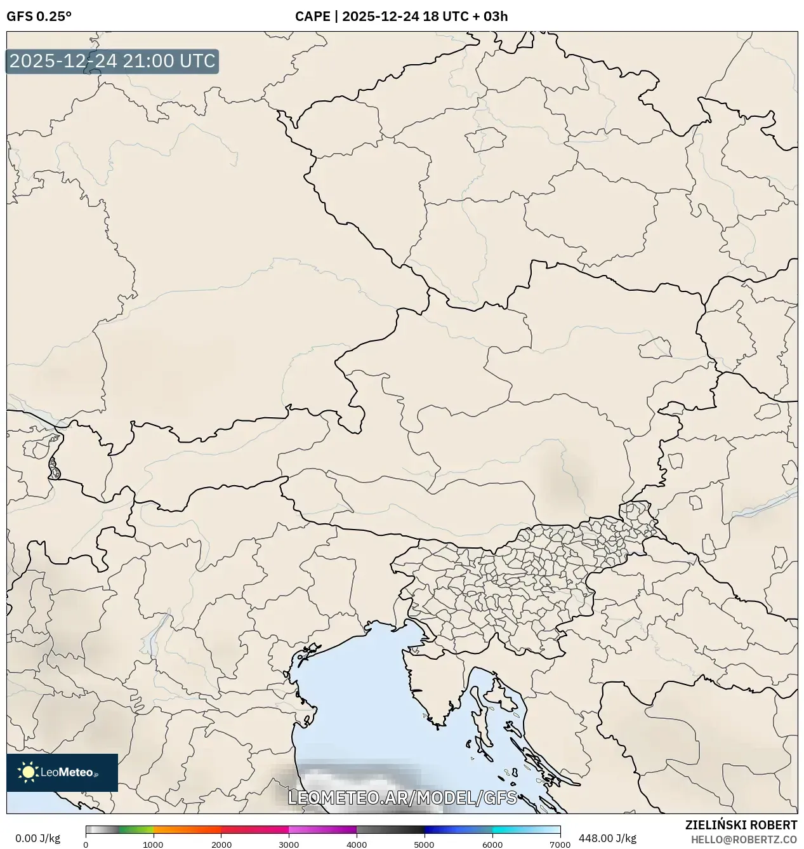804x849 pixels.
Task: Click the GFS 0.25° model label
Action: click(x=39, y=17)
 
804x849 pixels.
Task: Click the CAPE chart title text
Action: click(x=401, y=17)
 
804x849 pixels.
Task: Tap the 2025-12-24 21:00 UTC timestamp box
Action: click(x=112, y=62)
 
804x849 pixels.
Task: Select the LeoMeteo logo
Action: click(x=62, y=772)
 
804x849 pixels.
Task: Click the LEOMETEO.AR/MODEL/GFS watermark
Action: click(x=402, y=798)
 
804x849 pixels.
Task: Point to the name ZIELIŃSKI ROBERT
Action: click(x=741, y=825)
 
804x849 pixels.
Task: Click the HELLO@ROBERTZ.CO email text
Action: click(x=744, y=839)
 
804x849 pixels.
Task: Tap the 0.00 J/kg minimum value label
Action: click(x=37, y=838)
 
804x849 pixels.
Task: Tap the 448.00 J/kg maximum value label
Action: click(x=607, y=838)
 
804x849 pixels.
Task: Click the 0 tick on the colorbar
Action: click(x=86, y=844)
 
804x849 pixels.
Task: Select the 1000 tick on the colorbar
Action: click(x=153, y=844)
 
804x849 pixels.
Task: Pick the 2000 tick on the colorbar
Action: click(x=221, y=844)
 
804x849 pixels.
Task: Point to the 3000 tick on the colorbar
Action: click(x=289, y=844)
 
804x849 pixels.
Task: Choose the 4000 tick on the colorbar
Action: click(x=357, y=844)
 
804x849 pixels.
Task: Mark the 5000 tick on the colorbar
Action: click(x=424, y=844)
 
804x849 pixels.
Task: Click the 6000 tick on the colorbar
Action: click(x=492, y=844)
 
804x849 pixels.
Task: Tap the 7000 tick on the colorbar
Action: click(x=560, y=844)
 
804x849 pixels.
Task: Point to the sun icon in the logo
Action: click(x=29, y=772)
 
